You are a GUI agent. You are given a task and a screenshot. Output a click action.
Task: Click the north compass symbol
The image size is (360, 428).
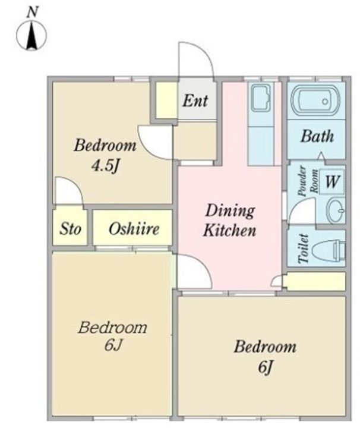click(x=31, y=36)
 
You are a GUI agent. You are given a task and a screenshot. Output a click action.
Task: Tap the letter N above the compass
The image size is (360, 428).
click(x=32, y=12)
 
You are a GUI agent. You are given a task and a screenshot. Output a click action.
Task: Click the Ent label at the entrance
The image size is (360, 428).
click(x=195, y=100)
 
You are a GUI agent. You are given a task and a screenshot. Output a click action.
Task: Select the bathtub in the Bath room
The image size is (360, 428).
click(x=315, y=101)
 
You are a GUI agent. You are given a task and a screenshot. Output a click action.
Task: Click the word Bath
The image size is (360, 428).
click(x=317, y=136)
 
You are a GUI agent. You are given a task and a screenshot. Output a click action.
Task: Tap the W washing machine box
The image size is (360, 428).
click(x=332, y=181)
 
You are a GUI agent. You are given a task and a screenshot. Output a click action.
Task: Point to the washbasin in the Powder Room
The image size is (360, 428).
click(x=336, y=210)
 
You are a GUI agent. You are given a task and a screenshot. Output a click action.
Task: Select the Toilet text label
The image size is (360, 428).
click(x=304, y=248)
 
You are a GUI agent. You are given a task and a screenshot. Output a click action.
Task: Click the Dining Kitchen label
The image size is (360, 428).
click(x=230, y=221)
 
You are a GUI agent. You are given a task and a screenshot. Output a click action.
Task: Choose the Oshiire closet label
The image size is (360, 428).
click(x=134, y=229)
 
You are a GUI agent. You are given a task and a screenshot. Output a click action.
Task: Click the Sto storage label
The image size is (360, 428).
click(x=70, y=229)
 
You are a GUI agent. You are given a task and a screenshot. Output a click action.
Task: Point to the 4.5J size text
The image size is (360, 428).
click(x=105, y=165)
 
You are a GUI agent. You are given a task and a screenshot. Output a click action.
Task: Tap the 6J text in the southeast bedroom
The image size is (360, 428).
click(x=265, y=367)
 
